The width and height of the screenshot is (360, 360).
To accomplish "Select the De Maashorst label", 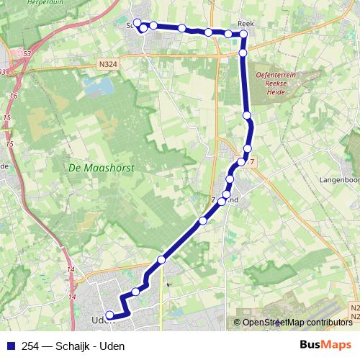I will coord(102,166).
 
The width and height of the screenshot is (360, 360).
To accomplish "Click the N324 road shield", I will coord(109,64).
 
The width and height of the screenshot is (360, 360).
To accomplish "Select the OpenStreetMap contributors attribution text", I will coord(297,323).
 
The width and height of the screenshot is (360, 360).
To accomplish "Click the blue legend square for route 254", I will coord(10,346).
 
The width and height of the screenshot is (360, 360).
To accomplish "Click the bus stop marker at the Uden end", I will coord(110,315).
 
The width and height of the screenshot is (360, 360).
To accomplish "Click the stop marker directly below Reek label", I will coord(243,53).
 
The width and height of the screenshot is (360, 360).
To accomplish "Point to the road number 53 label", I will coord(27,53).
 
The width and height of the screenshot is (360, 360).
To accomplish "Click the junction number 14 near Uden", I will coord(71,269).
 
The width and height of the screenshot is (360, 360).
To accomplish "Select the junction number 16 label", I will coord(13,94).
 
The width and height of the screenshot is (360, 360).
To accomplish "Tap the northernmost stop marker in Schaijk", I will coord(137,22).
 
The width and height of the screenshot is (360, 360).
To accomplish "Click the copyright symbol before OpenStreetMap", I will coord(237,323).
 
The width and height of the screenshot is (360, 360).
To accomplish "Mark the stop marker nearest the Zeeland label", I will coord(226,194).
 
